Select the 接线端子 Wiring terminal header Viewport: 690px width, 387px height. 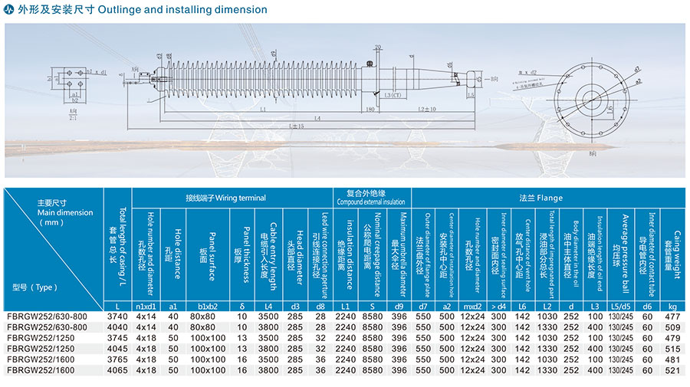coord(226,198)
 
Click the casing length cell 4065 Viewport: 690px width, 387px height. coord(117,369)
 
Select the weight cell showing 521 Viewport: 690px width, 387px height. coord(673,369)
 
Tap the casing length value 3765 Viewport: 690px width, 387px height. coord(117,359)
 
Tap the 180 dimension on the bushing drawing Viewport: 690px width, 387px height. coord(370,110)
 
